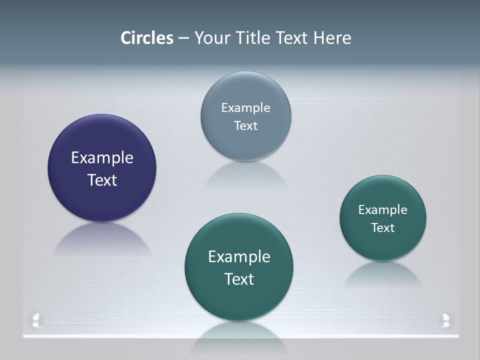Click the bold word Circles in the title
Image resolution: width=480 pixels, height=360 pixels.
147,38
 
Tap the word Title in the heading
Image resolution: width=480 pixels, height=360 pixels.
253,38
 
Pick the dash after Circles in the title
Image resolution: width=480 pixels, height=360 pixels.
183,38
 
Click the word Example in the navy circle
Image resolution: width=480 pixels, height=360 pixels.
102,157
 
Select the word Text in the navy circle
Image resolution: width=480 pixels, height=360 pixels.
102,180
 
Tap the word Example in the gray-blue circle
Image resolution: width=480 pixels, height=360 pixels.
245,107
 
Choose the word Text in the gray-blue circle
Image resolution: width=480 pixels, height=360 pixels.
245,125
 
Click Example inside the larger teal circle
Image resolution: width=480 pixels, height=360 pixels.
239,256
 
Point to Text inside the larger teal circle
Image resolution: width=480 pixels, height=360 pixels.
239,279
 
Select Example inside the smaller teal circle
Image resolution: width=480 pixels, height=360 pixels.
382,209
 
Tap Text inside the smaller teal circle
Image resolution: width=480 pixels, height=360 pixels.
382,227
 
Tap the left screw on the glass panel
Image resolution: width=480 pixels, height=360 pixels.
36,320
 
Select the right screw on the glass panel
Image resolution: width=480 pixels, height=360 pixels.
444,320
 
